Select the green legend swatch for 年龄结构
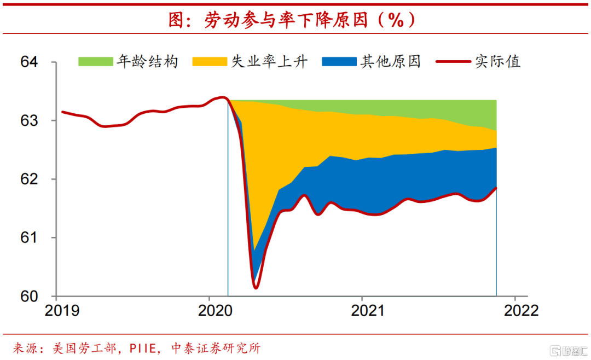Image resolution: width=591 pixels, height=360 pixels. pos(95,61)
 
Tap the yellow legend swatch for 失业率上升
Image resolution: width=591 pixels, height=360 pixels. pos(210,61)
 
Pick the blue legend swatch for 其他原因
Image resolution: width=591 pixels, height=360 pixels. pos(339,61)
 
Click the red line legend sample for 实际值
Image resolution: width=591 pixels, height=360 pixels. pos(453,61)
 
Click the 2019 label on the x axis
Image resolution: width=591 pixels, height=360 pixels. pos(62,311)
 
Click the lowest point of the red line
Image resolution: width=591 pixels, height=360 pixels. pos(256,287)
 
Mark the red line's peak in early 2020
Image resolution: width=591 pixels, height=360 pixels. pos(222,97)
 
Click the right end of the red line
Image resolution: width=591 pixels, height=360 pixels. pos(496,188)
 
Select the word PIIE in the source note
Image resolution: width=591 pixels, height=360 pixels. pos(147,349)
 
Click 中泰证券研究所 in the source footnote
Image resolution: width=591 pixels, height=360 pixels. pos(216,349)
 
